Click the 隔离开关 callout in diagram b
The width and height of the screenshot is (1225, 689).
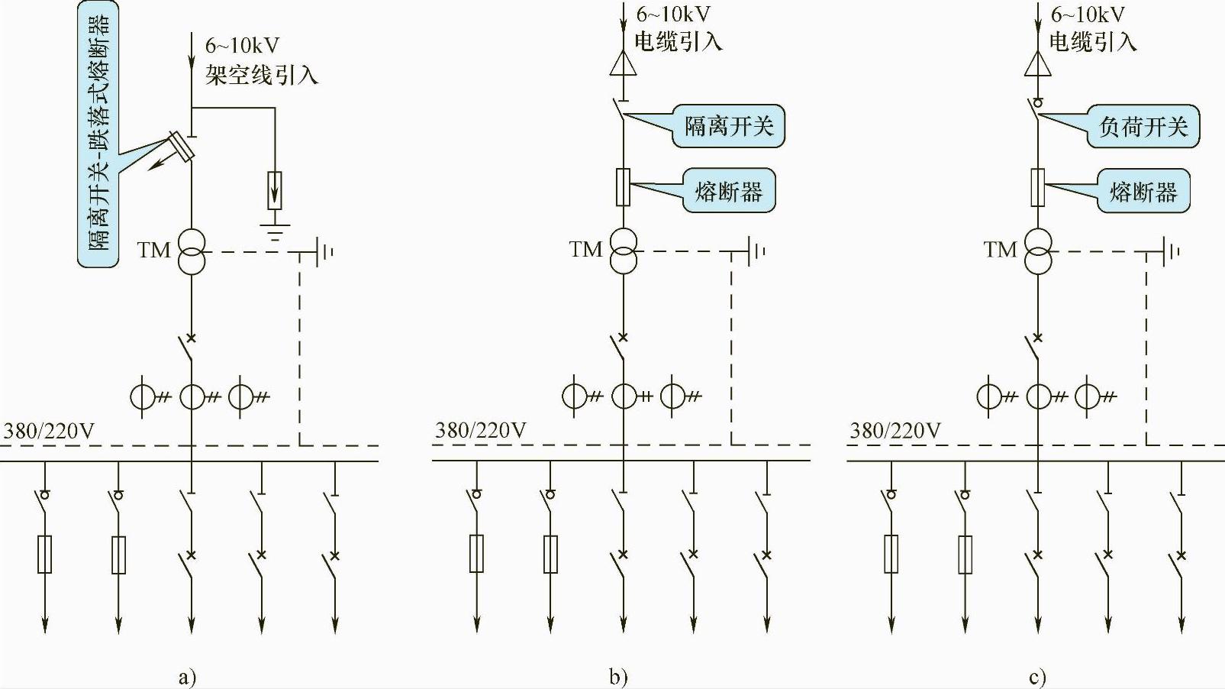(728, 126)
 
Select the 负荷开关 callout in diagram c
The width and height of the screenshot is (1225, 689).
(1143, 127)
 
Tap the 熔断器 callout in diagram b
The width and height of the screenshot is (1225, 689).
(728, 191)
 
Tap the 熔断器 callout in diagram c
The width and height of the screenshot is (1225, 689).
(1143, 191)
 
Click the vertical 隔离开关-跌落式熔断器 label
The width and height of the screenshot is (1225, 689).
(98, 133)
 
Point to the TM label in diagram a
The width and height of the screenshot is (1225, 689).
(153, 250)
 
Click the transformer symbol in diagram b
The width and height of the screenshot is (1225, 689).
(624, 251)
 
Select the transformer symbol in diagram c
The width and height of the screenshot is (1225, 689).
(1039, 251)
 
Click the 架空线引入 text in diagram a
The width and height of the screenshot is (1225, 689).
(261, 74)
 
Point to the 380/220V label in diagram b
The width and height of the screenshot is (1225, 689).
(480, 431)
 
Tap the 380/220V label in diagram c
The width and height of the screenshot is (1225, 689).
(895, 431)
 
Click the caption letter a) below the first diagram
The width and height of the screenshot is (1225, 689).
(186, 677)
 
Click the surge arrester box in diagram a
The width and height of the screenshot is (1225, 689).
(275, 190)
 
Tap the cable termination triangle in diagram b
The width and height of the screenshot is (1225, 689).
(624, 63)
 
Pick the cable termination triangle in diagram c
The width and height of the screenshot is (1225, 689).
(1038, 63)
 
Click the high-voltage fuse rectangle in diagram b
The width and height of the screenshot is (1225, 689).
(624, 187)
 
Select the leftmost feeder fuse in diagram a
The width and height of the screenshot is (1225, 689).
(45, 555)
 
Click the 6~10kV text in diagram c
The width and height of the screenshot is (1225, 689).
(1087, 15)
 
